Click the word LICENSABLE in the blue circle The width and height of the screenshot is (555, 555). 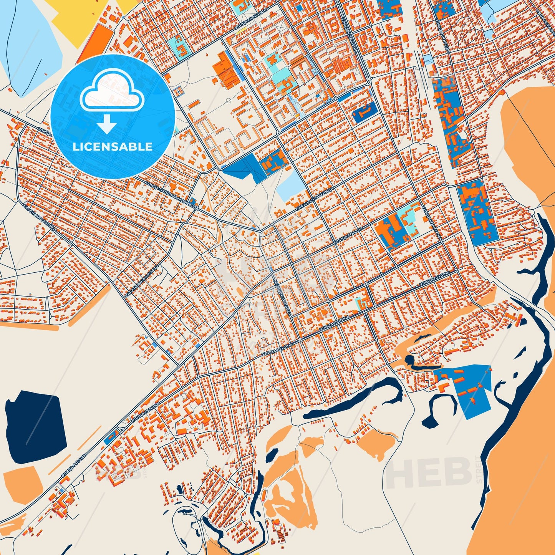click(x=113, y=147)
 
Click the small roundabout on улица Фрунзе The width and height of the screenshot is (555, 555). click(x=122, y=429)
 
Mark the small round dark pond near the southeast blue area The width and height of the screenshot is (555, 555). click(x=409, y=360)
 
